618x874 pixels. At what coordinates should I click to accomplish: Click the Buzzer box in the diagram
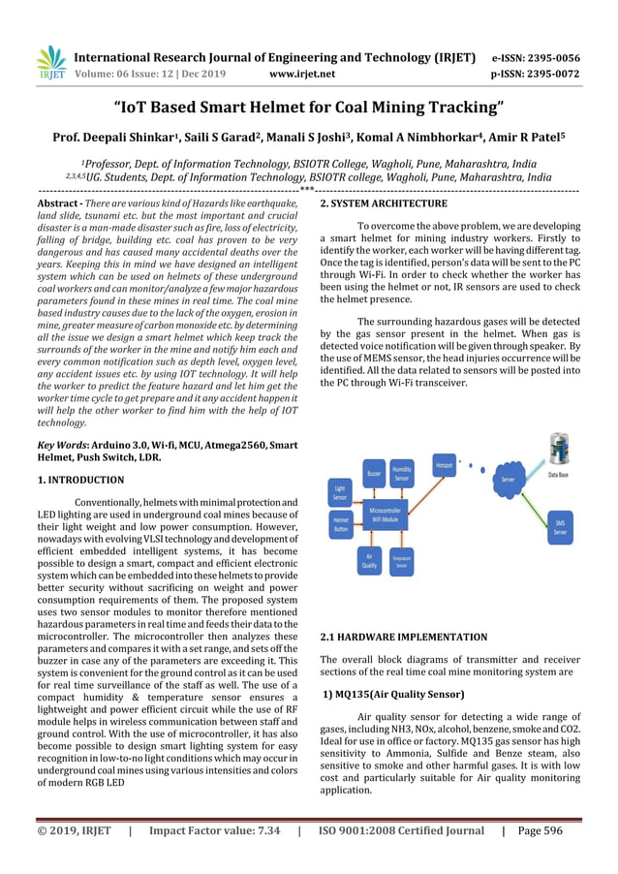(x=373, y=473)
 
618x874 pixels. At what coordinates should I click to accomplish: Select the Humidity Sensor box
(x=402, y=474)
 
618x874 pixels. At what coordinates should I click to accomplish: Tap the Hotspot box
(x=444, y=465)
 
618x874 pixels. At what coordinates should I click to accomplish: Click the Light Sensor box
(x=340, y=492)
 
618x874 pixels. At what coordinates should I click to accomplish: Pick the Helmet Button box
(x=341, y=524)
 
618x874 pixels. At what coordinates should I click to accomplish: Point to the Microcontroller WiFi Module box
(x=385, y=514)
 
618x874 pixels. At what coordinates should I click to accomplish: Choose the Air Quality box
(x=370, y=559)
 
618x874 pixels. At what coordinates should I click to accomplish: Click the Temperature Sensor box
(x=401, y=560)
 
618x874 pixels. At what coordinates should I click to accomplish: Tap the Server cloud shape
(x=508, y=479)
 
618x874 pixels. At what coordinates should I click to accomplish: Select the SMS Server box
(x=560, y=526)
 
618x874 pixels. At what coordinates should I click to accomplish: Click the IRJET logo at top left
(x=50, y=63)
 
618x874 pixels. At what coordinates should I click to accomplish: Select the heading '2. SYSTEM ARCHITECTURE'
(x=384, y=203)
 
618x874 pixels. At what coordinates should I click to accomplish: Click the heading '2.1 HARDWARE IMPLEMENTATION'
(x=403, y=637)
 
